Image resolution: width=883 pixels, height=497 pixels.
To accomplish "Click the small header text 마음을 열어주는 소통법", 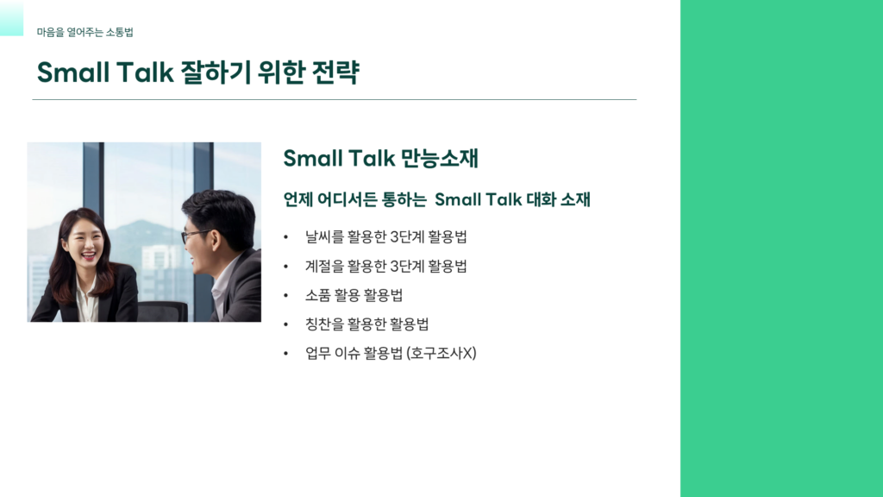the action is pyautogui.click(x=85, y=32).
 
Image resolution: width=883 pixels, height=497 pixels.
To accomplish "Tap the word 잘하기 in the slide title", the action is pyautogui.click(x=215, y=72).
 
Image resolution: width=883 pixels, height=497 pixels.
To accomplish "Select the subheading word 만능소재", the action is pyautogui.click(x=439, y=158).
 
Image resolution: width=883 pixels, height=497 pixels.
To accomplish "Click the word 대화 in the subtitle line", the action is pyautogui.click(x=542, y=199).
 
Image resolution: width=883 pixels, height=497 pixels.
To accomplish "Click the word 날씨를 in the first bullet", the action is pyautogui.click(x=324, y=236).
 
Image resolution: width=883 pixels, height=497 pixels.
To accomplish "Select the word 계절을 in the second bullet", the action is pyautogui.click(x=324, y=266).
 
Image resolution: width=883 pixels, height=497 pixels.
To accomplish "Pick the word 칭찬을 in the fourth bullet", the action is pyautogui.click(x=324, y=324).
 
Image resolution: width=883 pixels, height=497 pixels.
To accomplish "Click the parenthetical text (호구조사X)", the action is pyautogui.click(x=441, y=353).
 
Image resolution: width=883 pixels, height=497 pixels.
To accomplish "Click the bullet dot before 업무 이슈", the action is pyautogui.click(x=286, y=354).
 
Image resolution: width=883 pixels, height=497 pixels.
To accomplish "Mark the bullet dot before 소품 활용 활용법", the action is pyautogui.click(x=286, y=296).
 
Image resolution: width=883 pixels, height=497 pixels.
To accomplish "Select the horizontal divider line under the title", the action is pyautogui.click(x=335, y=100).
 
